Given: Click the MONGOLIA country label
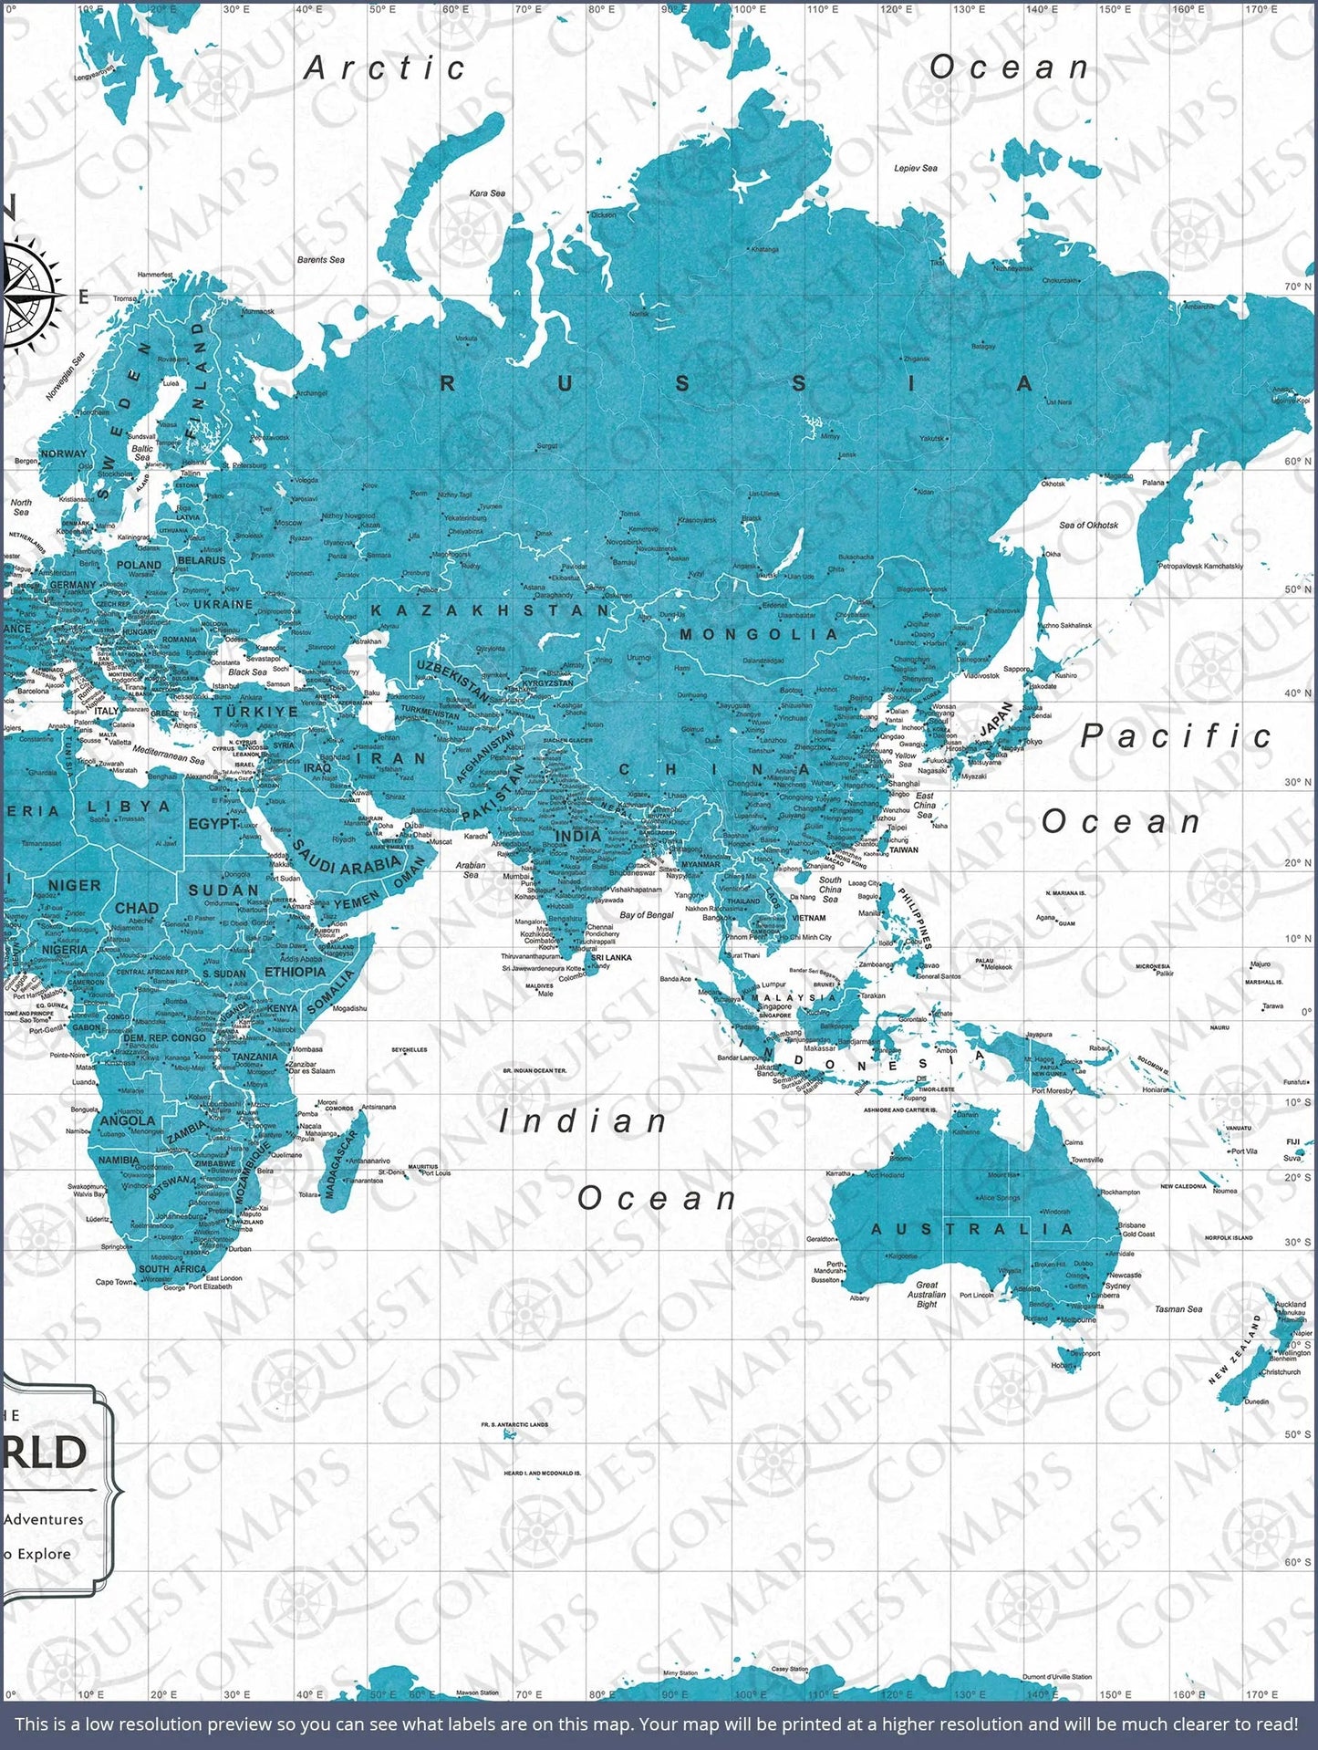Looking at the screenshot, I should pos(759,634).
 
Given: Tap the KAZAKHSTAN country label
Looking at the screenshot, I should pos(490,609).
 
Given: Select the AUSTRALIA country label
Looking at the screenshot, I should pos(972,1229).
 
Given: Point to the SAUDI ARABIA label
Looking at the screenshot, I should pos(348,862).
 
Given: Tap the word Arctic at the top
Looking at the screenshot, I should pos(385,68).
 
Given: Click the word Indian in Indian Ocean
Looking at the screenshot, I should pos(584,1121).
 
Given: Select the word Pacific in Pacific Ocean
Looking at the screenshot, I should pos(1177,736).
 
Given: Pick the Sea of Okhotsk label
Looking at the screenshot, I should pos(1088,525).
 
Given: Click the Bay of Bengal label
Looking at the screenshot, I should pos(647,914).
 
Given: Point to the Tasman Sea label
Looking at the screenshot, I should pos(1178,1309).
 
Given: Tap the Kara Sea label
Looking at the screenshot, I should pos(487,193).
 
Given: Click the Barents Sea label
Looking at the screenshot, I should pos(321,260).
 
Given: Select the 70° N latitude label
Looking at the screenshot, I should pos(1297,286).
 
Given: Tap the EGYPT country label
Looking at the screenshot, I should pos(213,824).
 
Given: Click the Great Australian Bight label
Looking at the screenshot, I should pos(927,1294).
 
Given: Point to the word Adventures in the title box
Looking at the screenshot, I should pos(44,1519).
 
